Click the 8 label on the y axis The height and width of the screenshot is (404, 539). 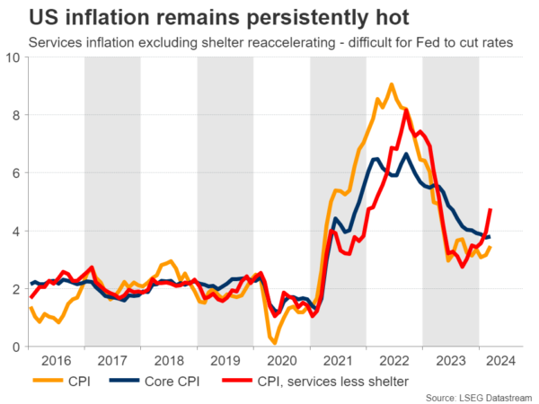pos(16,115)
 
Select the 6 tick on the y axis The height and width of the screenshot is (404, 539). pos(16,172)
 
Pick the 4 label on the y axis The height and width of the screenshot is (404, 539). pos(16,231)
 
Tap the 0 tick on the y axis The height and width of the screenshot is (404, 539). pos(16,347)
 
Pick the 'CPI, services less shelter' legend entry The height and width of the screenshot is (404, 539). pos(329,382)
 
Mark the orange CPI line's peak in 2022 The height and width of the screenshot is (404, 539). pos(392,84)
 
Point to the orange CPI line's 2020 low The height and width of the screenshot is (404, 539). pos(275,343)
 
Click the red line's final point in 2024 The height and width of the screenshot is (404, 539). pos(490,210)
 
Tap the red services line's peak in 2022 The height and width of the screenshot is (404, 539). pos(407,110)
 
